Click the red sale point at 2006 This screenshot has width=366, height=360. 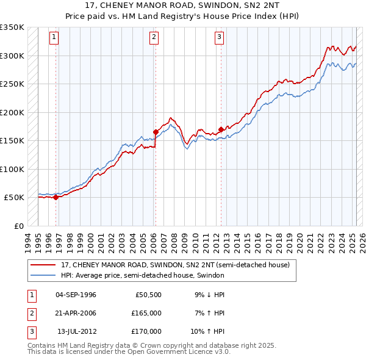(x=156, y=132)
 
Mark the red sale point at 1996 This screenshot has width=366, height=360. (x=56, y=197)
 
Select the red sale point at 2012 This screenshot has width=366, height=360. (x=220, y=129)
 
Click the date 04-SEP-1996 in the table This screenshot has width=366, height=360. (x=76, y=295)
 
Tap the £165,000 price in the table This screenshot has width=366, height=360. (x=147, y=313)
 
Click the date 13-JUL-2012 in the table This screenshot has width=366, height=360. (x=76, y=331)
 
